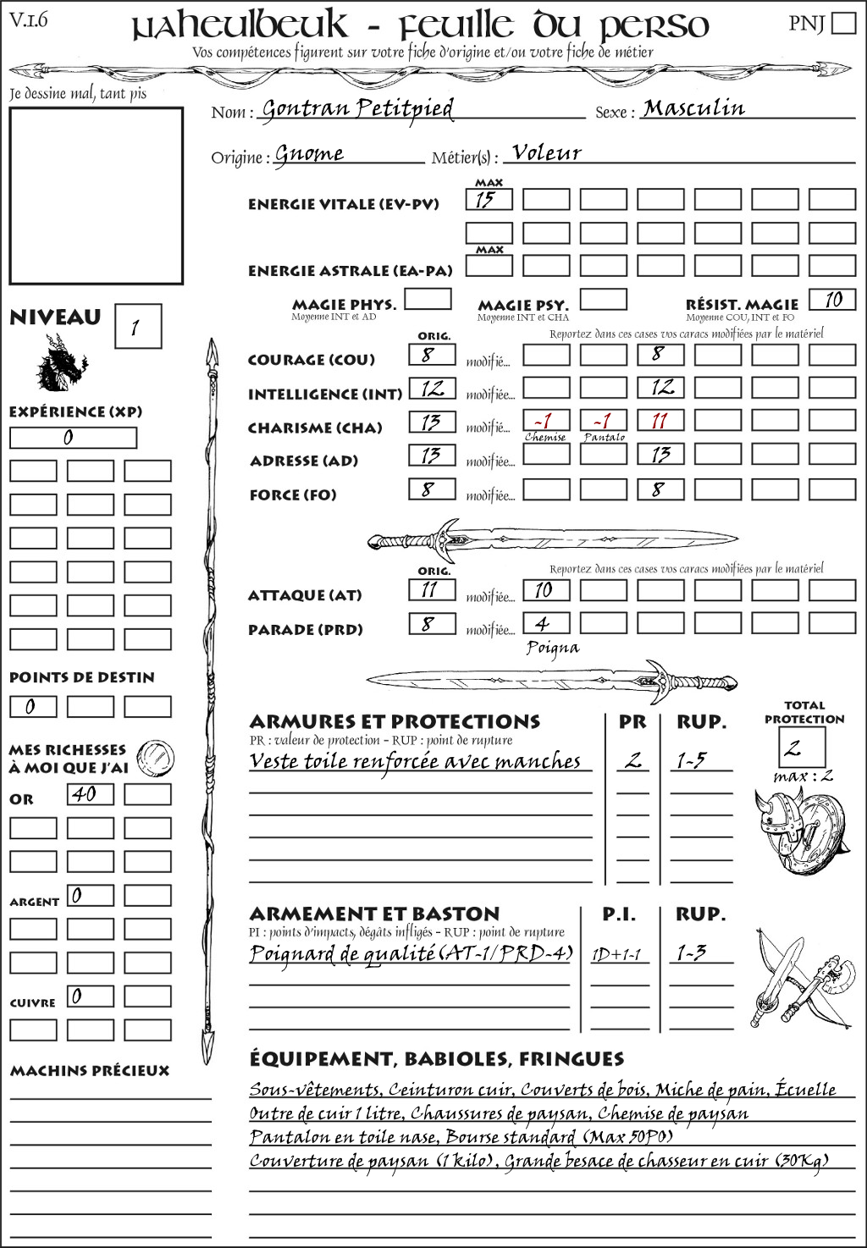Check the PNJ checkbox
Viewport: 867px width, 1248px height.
tap(844, 23)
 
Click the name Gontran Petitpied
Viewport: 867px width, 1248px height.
tap(356, 109)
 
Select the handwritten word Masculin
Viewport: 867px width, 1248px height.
tap(693, 108)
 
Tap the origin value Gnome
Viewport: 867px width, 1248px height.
tap(309, 154)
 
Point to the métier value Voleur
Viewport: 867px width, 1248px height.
tap(547, 153)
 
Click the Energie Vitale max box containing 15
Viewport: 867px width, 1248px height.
tap(489, 200)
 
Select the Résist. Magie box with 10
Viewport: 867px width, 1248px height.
tap(831, 300)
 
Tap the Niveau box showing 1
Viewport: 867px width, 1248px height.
tap(137, 327)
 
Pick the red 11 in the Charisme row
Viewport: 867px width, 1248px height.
tap(660, 421)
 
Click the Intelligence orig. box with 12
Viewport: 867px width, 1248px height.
tap(432, 389)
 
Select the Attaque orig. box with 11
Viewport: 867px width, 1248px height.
tap(432, 589)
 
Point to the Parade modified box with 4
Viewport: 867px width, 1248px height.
tap(545, 623)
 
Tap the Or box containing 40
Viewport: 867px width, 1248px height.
tap(90, 794)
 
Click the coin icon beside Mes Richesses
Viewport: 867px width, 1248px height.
tap(156, 756)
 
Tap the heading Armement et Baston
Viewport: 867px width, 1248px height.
tap(374, 914)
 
